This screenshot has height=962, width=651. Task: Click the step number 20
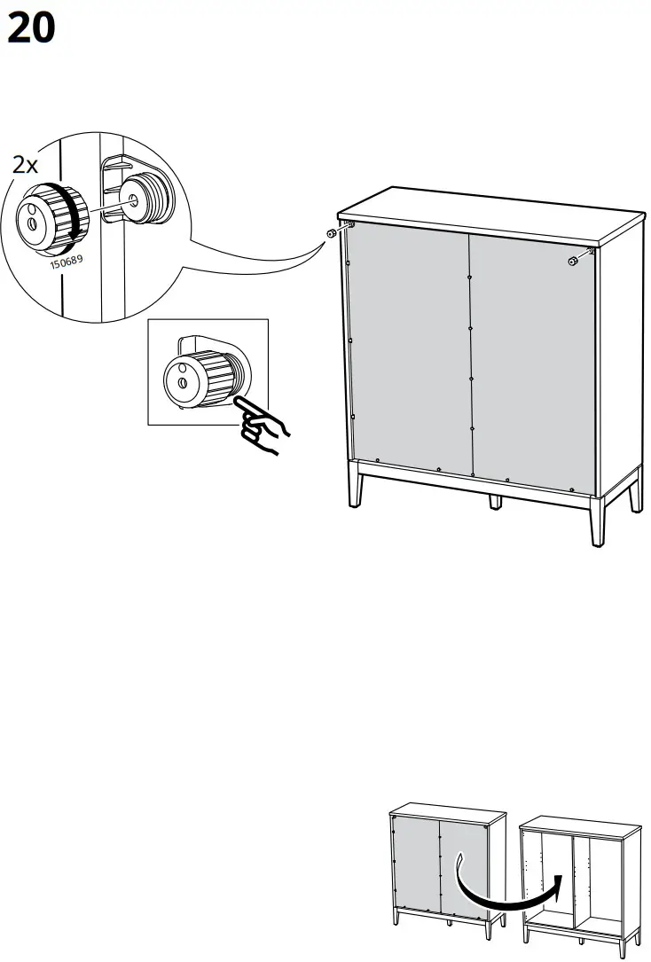click(31, 29)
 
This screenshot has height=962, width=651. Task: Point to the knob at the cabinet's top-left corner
click(332, 233)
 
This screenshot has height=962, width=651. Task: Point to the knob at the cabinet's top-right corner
click(574, 261)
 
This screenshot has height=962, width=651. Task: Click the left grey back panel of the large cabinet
click(408, 346)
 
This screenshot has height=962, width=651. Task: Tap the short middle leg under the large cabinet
click(495, 500)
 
